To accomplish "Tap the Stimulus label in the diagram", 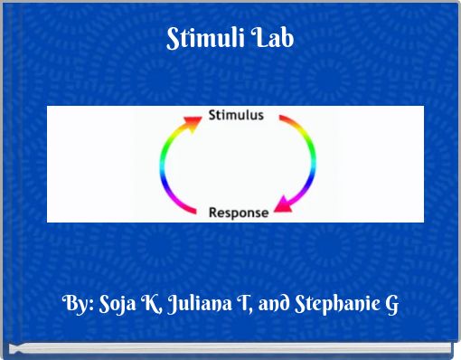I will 236,115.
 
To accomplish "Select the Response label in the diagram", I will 239,213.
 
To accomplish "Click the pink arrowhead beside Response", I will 282,209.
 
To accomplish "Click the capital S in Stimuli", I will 174,40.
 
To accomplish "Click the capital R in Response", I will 213,213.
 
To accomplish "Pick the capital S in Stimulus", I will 212,115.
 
